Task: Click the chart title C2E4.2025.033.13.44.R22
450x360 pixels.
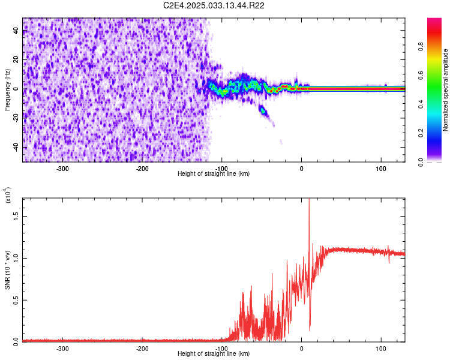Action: click(x=214, y=5)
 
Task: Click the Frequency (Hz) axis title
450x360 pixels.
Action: click(x=7, y=89)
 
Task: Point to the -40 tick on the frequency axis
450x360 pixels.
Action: click(x=16, y=147)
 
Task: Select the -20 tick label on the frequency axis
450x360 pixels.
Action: click(x=16, y=118)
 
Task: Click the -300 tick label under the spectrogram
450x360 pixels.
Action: click(x=63, y=169)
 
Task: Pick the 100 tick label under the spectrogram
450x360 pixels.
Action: click(x=381, y=169)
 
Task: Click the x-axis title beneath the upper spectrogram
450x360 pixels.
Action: click(x=214, y=173)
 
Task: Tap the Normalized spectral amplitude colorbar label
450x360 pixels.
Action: click(x=446, y=90)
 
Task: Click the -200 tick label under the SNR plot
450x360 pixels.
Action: click(x=142, y=349)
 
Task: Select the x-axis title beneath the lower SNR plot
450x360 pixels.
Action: click(x=214, y=354)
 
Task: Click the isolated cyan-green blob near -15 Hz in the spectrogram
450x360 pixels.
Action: click(x=262, y=110)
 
